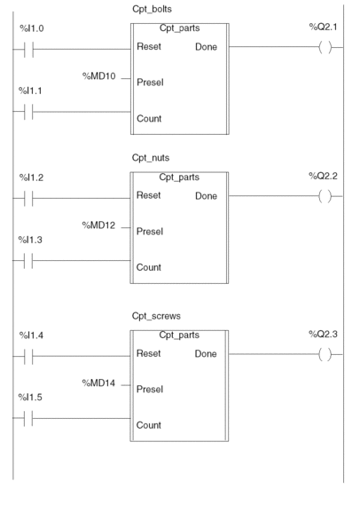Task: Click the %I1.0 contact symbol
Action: point(28,50)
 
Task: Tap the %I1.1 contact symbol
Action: point(28,112)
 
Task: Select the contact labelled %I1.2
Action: point(28,198)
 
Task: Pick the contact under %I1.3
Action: point(28,260)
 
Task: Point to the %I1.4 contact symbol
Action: point(28,356)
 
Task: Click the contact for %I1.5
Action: point(28,418)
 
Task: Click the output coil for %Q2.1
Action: point(325,47)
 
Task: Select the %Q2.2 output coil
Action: point(325,196)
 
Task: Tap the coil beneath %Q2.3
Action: point(325,354)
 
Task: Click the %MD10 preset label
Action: point(99,76)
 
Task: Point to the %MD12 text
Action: point(98,225)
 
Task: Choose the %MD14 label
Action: point(98,383)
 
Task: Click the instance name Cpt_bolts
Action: point(152,9)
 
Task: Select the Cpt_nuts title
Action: point(151,158)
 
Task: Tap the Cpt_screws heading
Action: point(156,316)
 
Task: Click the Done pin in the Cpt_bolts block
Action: point(207,47)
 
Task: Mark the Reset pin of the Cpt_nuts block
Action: point(149,195)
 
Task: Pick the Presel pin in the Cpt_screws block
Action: point(150,389)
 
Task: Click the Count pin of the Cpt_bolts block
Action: point(149,119)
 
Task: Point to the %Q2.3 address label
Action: point(323,334)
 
